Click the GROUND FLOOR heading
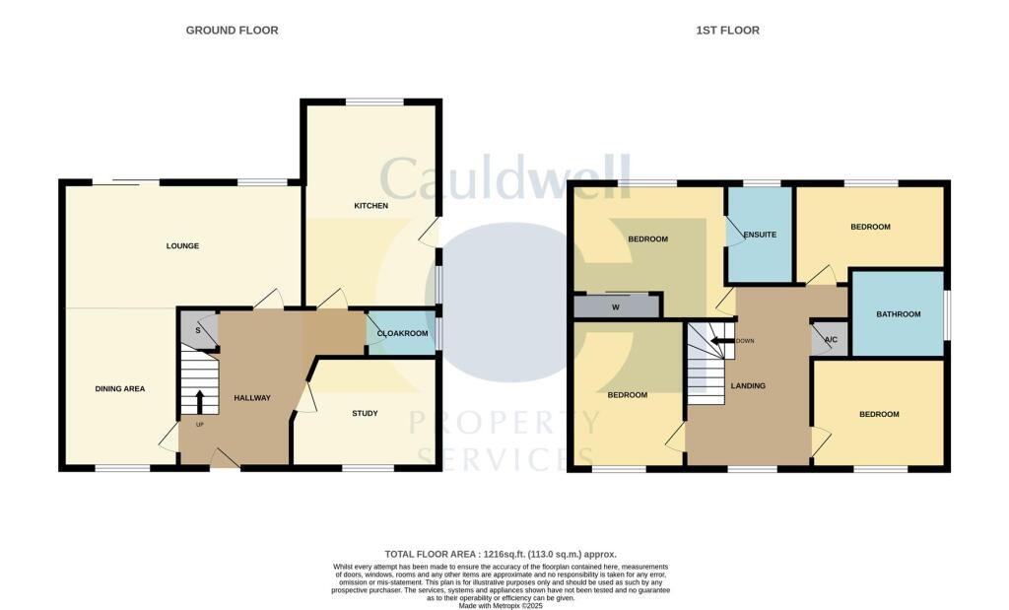point(232,31)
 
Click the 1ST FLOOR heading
point(727,31)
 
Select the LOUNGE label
point(182,245)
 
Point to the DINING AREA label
point(120,388)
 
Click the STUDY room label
point(365,413)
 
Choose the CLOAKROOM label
point(404,334)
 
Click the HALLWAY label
point(251,397)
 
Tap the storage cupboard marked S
point(198,330)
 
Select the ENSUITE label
point(760,236)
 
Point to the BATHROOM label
point(898,314)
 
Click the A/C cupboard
point(830,339)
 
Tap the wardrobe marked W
point(616,307)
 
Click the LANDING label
point(749,385)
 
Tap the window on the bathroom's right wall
point(948,314)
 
